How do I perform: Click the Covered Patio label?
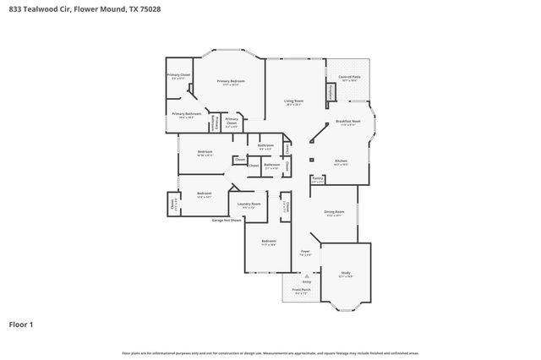point(349,78)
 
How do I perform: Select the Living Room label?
point(293,102)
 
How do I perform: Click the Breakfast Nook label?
point(349,123)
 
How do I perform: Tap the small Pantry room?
point(318,179)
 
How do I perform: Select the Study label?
point(346,274)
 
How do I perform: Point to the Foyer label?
point(306,252)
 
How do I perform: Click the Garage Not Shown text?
point(227,221)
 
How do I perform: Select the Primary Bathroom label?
point(186,115)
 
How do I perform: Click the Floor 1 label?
point(23,324)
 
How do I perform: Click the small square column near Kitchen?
point(311,160)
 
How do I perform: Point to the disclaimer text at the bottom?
point(270,352)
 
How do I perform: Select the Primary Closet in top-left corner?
point(178,76)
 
